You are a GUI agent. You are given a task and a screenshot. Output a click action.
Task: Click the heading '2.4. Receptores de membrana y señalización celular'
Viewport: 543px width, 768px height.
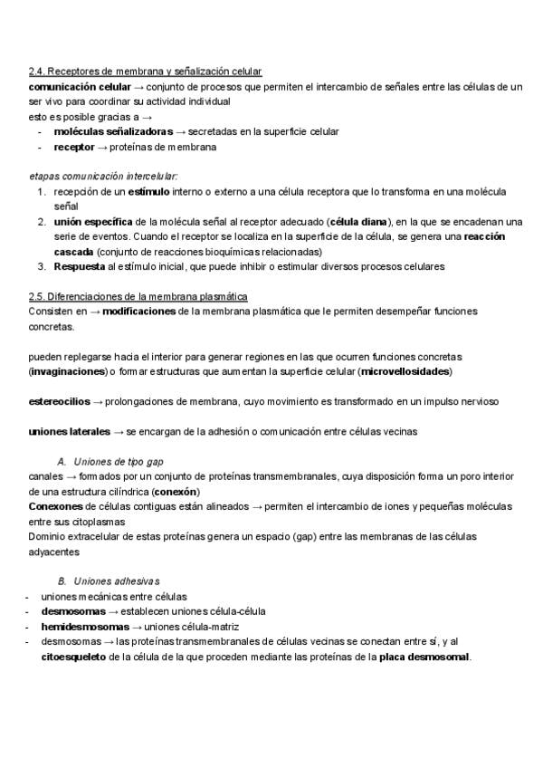[x=146, y=72]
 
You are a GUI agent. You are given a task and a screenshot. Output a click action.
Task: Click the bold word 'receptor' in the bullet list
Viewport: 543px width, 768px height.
[x=73, y=147]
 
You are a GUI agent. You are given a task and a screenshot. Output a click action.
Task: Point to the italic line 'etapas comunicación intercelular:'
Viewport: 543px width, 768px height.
[x=103, y=176]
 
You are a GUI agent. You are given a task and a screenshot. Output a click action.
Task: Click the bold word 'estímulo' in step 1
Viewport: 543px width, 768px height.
[x=148, y=192]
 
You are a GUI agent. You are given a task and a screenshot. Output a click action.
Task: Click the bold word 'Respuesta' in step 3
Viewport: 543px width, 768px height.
[x=79, y=266]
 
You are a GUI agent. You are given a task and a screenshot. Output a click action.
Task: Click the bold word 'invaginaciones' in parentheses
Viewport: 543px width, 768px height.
[x=67, y=371]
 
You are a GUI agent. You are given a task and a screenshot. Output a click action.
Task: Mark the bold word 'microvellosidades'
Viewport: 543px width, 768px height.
[x=405, y=371]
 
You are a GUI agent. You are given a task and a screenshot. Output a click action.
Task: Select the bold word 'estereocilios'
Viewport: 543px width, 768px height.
[x=59, y=401]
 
